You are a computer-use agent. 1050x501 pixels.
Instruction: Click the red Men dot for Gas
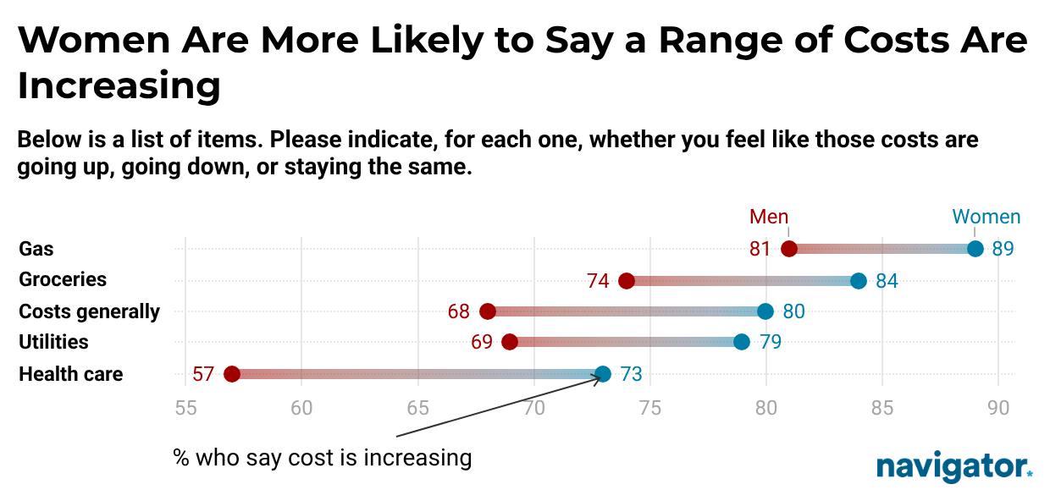789,249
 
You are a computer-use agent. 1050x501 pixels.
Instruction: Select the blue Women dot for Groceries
859,281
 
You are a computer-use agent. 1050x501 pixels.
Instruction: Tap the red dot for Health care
232,374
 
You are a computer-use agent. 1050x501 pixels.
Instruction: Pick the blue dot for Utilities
742,342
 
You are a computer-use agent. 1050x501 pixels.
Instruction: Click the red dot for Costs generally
488,311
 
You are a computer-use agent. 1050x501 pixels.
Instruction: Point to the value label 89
1003,249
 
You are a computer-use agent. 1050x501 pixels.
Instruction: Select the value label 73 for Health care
631,374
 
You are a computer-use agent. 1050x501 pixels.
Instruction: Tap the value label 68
459,311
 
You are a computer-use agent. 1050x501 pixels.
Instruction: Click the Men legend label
769,217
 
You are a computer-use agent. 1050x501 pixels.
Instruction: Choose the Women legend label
986,217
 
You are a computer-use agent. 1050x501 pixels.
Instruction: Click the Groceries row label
63,279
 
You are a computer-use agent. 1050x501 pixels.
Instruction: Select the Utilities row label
53,342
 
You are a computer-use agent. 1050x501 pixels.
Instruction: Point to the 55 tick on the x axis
185,407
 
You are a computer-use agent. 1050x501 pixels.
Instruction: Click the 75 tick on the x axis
649,407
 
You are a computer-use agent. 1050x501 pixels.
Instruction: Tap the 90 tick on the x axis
998,407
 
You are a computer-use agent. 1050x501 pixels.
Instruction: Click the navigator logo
953,466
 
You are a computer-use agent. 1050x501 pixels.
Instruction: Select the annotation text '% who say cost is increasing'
322,458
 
